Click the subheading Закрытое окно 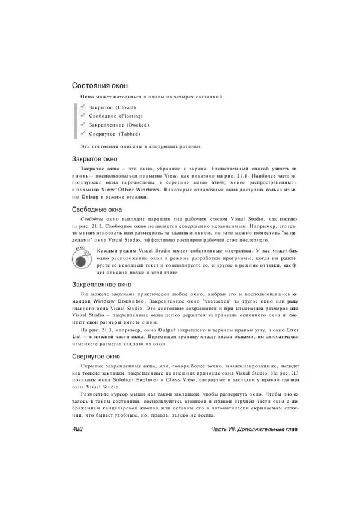tap(98, 160)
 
